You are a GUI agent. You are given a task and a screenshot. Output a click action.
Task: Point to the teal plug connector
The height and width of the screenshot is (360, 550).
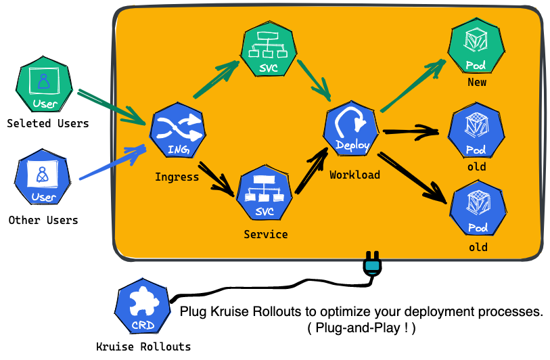(x=372, y=267)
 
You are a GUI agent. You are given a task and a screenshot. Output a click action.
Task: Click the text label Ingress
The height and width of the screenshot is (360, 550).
(x=177, y=177)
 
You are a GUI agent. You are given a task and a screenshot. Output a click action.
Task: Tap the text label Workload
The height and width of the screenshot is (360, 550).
(x=354, y=175)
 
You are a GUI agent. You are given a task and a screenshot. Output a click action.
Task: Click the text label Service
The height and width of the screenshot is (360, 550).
(x=265, y=234)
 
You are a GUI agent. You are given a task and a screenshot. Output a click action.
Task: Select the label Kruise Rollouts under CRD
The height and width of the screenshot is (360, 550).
(x=143, y=346)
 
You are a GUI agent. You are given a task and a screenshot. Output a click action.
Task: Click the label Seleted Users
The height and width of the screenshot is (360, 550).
(x=47, y=123)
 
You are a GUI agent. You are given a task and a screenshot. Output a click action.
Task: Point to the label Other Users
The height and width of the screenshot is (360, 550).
(x=43, y=220)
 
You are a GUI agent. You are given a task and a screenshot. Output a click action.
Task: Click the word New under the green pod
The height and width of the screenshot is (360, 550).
(x=476, y=83)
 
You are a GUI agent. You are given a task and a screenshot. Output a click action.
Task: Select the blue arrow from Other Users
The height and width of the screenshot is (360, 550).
(x=112, y=162)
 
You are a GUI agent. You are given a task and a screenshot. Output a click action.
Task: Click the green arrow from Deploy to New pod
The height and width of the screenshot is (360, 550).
(x=413, y=85)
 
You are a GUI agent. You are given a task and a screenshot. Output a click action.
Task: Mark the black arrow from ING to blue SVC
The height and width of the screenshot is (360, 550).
(x=216, y=179)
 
